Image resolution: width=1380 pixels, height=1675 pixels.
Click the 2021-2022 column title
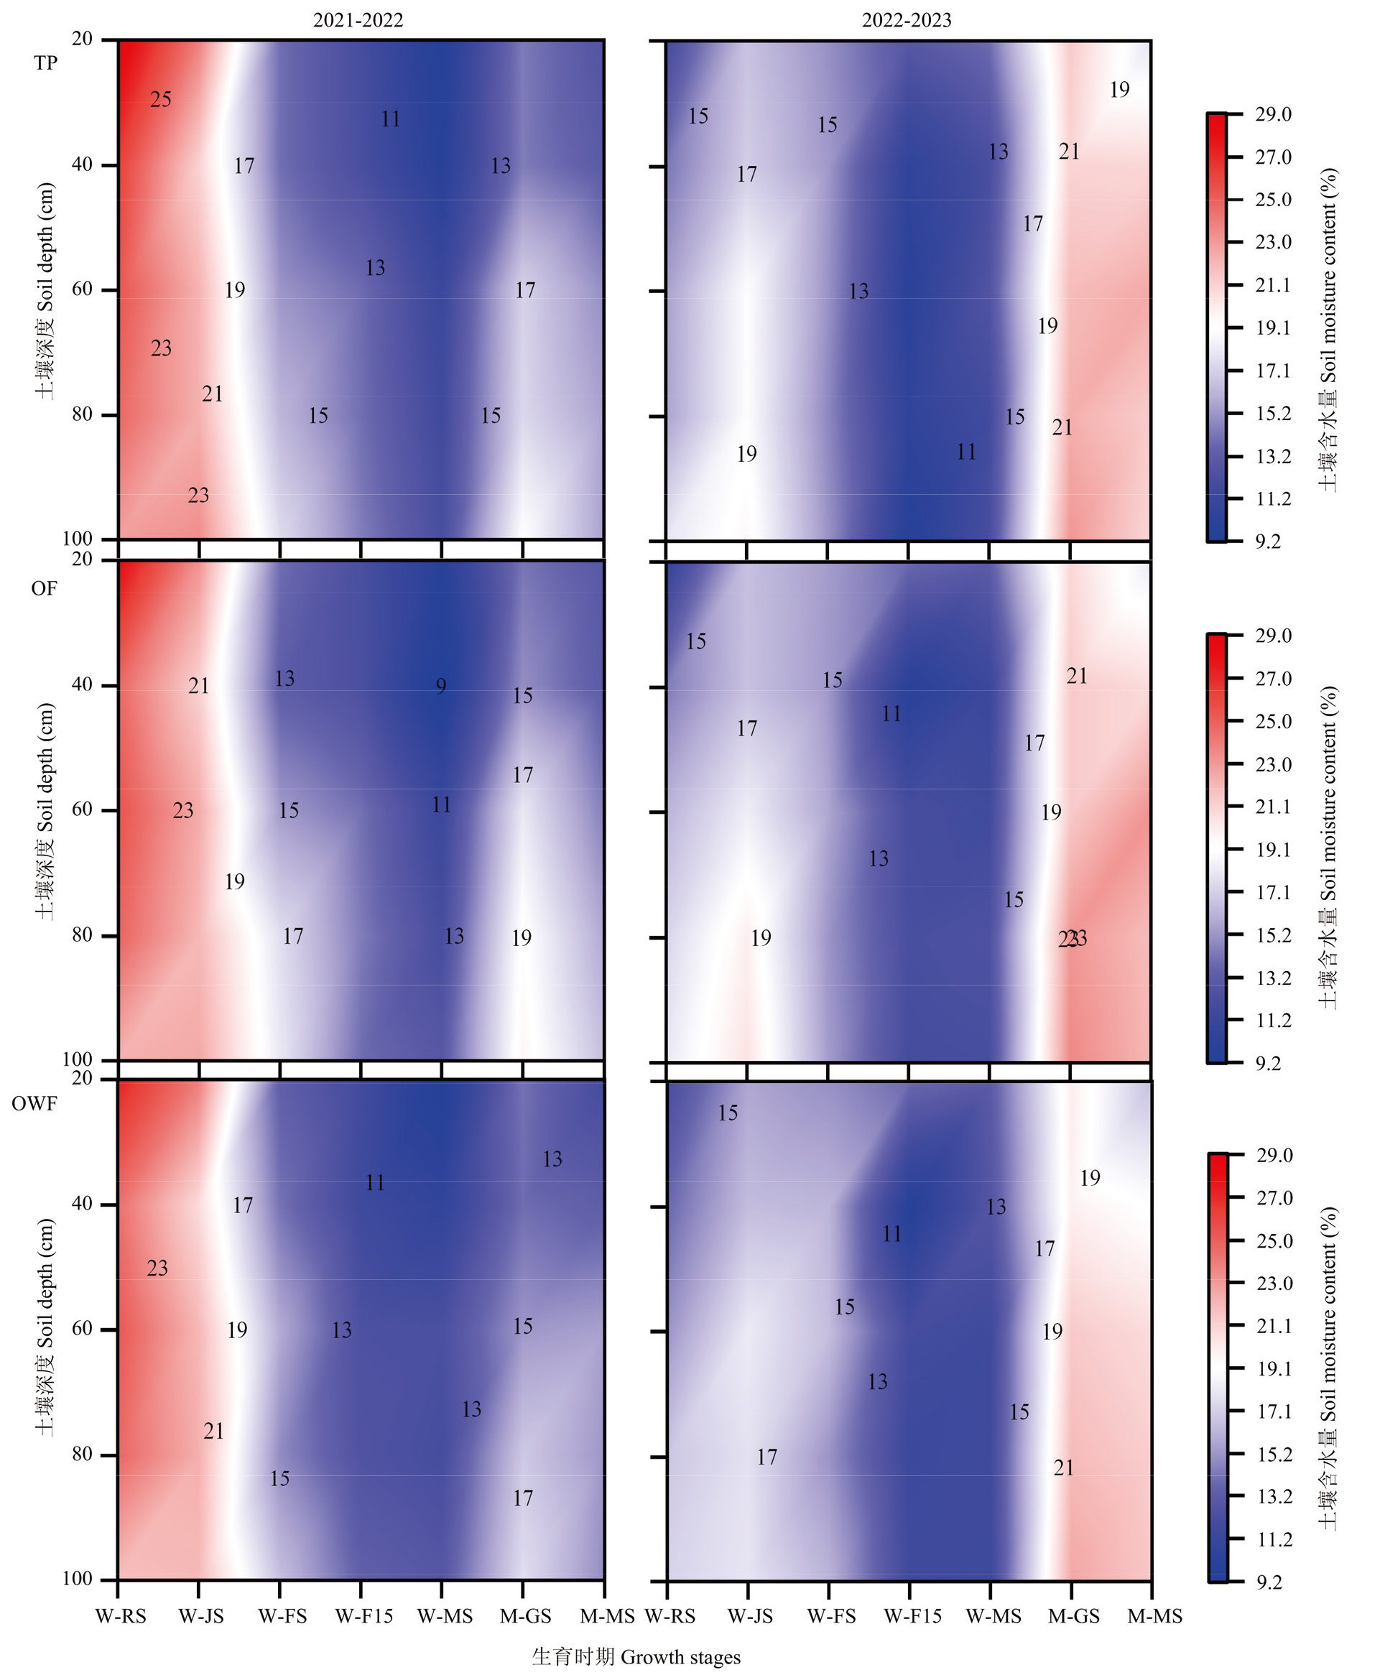pyautogui.click(x=358, y=20)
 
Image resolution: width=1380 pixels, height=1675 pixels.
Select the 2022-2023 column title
pyautogui.click(x=906, y=20)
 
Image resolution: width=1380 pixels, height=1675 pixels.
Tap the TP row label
pyautogui.click(x=45, y=62)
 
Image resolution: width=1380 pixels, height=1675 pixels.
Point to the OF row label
pyautogui.click(x=44, y=588)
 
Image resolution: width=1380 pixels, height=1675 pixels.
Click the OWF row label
pyautogui.click(x=34, y=1104)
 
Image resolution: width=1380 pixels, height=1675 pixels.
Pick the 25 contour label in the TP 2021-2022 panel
pyautogui.click(x=161, y=99)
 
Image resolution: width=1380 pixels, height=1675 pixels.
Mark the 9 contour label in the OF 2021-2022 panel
pyautogui.click(x=441, y=686)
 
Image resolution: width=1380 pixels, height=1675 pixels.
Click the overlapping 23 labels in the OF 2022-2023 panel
pyautogui.click(x=1073, y=939)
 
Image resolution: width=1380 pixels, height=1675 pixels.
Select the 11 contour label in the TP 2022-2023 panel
pyautogui.click(x=965, y=452)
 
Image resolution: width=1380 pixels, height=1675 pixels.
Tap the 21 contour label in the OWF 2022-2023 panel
pyautogui.click(x=1064, y=1468)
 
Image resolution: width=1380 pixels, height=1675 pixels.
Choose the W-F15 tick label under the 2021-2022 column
pyautogui.click(x=364, y=1616)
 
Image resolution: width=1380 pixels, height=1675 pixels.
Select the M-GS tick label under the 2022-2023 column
pyautogui.click(x=1074, y=1616)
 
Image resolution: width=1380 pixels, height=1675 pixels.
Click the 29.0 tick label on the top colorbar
pyautogui.click(x=1274, y=114)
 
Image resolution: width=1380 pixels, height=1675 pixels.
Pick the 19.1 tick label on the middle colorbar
pyautogui.click(x=1274, y=850)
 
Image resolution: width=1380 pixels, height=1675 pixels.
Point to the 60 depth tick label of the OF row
pyautogui.click(x=83, y=809)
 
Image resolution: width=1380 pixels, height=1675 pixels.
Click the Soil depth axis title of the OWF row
pyautogui.click(x=45, y=1326)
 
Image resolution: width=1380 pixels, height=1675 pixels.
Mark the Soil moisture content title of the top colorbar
pyautogui.click(x=1328, y=329)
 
